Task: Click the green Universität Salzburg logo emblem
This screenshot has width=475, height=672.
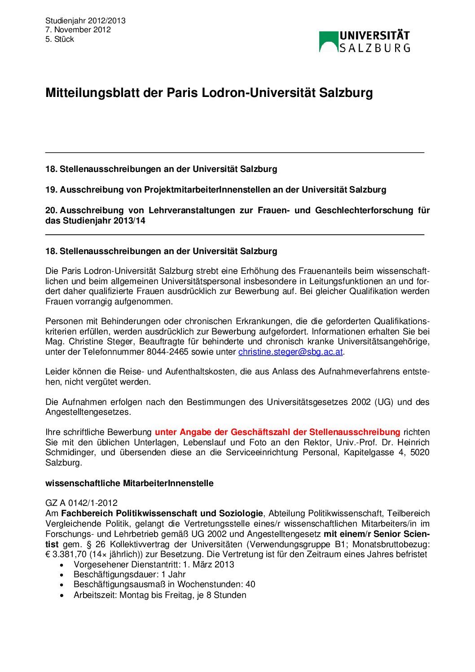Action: (328, 41)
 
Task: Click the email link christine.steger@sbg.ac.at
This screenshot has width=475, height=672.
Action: (290, 352)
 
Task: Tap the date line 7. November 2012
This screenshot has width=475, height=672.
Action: (78, 30)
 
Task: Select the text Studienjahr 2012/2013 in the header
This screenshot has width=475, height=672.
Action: (85, 21)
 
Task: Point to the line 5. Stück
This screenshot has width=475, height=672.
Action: (59, 39)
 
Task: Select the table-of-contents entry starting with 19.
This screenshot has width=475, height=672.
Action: (216, 190)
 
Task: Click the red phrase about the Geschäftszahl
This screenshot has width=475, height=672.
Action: (277, 432)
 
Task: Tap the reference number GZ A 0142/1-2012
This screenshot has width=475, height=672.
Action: (81, 503)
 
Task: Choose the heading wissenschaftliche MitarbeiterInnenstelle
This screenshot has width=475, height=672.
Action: (129, 483)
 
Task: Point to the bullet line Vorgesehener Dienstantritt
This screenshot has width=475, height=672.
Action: (154, 565)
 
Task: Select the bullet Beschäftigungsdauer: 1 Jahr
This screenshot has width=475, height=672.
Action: (129, 575)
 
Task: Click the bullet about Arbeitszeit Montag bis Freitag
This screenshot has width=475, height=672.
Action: (160, 595)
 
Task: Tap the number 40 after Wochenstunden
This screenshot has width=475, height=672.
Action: (250, 584)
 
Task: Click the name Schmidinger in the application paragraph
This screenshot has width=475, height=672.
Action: (70, 452)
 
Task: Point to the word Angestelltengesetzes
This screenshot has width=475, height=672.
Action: (88, 412)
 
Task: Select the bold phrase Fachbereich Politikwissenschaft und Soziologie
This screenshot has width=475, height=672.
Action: (162, 514)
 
